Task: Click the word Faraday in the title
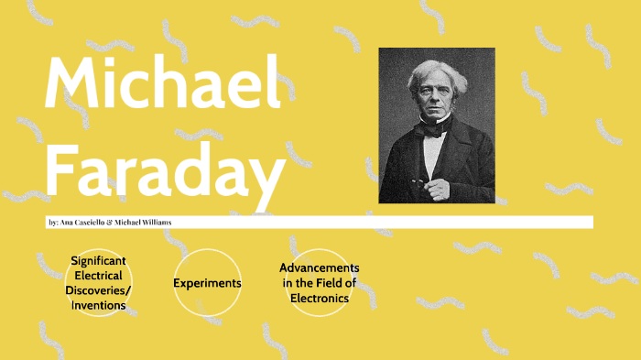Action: pyautogui.click(x=165, y=173)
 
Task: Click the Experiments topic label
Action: pyautogui.click(x=207, y=283)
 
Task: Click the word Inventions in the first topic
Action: pyautogui.click(x=99, y=305)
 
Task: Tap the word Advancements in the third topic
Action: pyautogui.click(x=320, y=267)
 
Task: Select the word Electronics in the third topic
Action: pyautogui.click(x=320, y=298)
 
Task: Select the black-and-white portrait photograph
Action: pyautogui.click(x=437, y=125)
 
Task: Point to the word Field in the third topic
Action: pyautogui.click(x=320, y=283)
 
